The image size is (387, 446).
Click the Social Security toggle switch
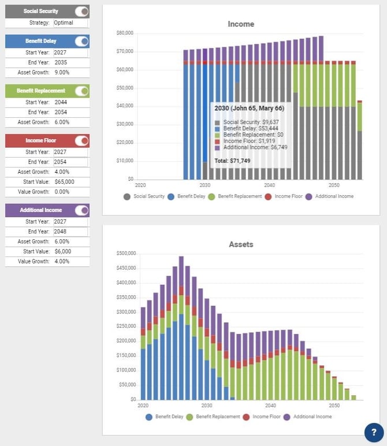tap(82, 11)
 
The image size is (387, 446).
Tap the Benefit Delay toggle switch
tap(82, 41)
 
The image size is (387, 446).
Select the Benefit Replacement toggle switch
tap(82, 91)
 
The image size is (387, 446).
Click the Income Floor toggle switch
tap(82, 140)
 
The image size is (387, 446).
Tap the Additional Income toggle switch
tap(82, 210)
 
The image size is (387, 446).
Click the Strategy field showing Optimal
tap(70, 23)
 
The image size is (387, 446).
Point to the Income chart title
tap(241, 24)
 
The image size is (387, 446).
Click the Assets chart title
tap(241, 244)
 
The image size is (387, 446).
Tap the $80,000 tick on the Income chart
tap(125, 34)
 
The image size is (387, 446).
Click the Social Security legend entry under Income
tap(144, 196)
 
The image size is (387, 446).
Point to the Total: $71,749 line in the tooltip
tap(234, 160)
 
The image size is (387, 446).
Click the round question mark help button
tap(374, 432)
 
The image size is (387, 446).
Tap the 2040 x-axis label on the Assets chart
tap(270, 406)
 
